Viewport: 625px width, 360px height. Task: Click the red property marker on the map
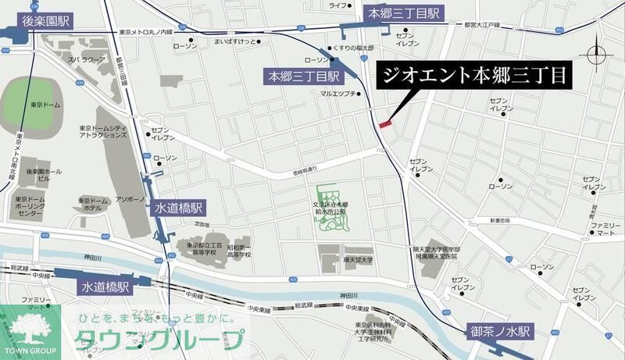point(384,123)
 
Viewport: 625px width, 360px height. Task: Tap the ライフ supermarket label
point(337,5)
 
